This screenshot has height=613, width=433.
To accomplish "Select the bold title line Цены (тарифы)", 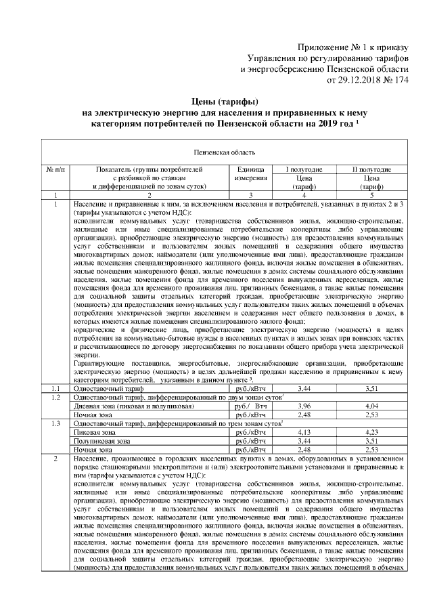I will [216, 102].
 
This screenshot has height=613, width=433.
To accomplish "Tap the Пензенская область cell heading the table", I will [216, 153].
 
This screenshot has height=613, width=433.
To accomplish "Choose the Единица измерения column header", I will [250, 173].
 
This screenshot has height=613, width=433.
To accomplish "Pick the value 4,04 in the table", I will [373, 406].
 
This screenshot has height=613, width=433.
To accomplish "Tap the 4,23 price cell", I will [373, 431].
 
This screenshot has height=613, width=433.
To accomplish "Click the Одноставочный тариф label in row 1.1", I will [108, 389].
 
